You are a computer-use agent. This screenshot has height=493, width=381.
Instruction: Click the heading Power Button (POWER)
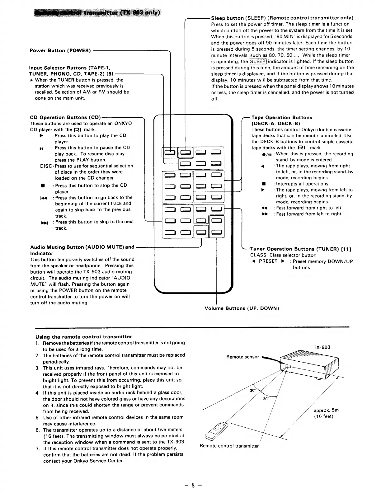[x=60, y=50]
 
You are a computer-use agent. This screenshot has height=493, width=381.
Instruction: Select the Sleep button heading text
[x=282, y=18]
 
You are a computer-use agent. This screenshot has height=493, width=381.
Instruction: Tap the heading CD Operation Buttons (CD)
[x=65, y=117]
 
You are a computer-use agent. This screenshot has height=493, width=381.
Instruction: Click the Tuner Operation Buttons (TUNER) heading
[x=301, y=249]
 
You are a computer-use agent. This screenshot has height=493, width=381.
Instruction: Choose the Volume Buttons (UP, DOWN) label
[x=242, y=308]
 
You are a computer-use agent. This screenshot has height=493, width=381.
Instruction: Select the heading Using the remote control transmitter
[x=83, y=337]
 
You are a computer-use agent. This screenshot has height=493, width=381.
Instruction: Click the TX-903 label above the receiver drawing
[x=322, y=347]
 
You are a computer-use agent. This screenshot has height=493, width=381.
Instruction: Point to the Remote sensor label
[x=242, y=357]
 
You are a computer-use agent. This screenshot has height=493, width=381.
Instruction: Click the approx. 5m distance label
[x=326, y=411]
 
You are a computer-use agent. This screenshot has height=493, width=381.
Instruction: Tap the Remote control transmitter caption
[x=229, y=446]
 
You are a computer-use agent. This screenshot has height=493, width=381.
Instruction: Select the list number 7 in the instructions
[x=37, y=448]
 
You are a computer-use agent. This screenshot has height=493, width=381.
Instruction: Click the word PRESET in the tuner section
[x=268, y=261]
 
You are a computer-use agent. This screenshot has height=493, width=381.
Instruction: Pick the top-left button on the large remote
[x=170, y=152]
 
